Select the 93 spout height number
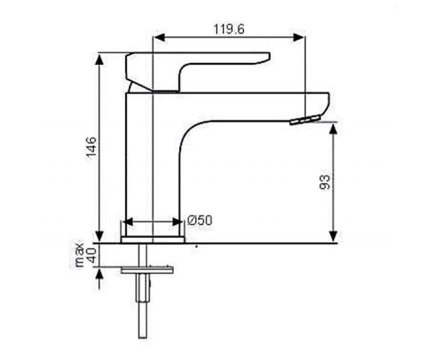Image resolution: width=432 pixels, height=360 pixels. tap(324, 182)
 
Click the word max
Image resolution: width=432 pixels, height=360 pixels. tap(80, 255)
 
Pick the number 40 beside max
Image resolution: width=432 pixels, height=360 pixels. tap(91, 255)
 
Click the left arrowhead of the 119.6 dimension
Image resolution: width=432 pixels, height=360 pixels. tap(159, 38)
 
